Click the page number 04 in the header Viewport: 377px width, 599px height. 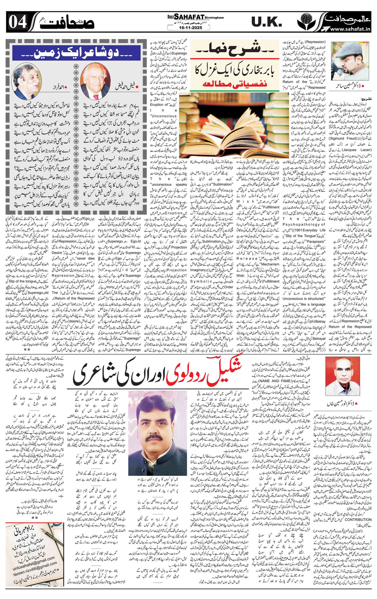tap(16, 22)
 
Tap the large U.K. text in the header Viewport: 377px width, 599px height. tap(266, 22)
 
